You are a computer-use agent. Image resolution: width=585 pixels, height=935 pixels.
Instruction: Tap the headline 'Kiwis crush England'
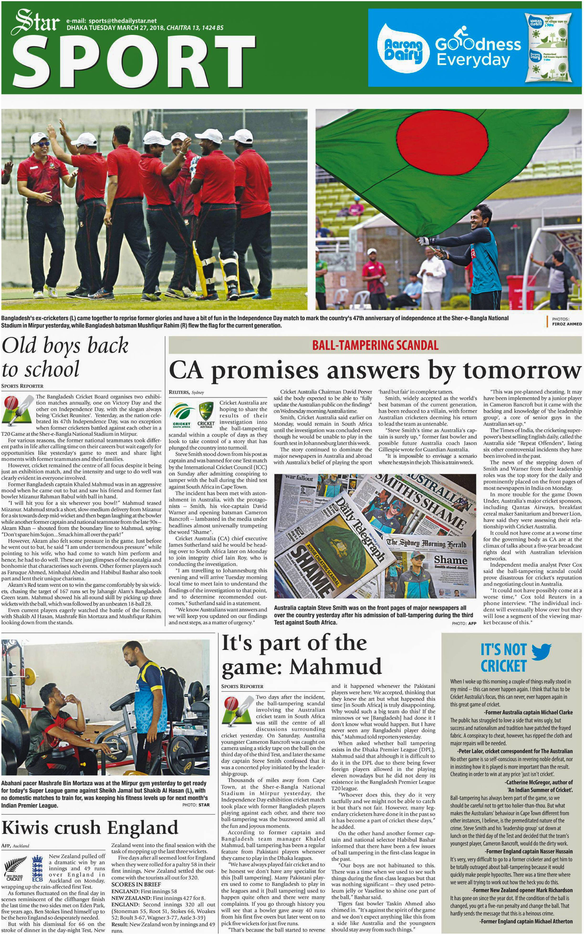[90, 827]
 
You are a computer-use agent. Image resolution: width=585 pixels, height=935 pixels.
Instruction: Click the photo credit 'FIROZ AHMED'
[566, 324]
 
